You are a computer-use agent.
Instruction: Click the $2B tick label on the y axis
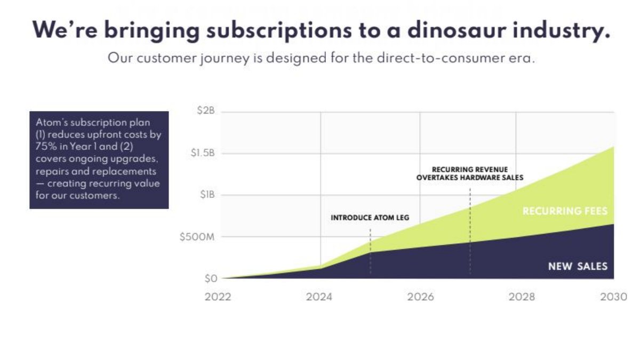pos(206,110)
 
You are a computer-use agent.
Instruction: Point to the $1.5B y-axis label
pos(203,153)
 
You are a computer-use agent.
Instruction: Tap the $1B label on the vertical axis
pos(207,195)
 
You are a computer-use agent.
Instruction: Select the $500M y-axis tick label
pos(197,237)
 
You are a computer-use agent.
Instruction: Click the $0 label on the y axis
pos(211,278)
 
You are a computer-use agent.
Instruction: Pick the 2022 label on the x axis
pos(218,297)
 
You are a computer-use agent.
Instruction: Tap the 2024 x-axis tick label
pos(319,297)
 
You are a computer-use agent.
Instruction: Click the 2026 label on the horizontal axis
pos(421,297)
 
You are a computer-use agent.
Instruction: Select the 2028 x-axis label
pos(522,297)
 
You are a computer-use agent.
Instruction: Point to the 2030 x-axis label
pos(614,297)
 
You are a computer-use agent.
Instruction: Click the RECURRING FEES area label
pos(565,211)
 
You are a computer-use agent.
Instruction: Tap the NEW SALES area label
pos(578,266)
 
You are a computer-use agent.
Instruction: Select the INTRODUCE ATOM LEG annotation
pos(370,218)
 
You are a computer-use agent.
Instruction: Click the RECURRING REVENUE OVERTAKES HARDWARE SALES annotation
pos(470,173)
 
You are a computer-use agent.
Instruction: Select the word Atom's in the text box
pos(51,122)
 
